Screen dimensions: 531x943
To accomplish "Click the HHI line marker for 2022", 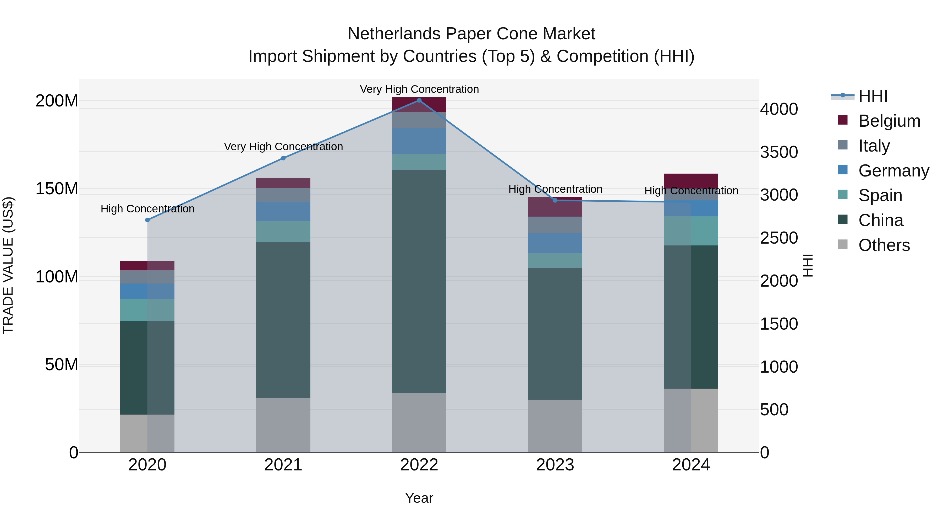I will coord(419,100).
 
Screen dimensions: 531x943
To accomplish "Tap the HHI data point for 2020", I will coord(147,220).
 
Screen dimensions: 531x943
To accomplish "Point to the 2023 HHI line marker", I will coord(555,200).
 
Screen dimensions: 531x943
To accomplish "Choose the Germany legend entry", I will coord(893,171).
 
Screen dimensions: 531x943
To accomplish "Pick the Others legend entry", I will coord(884,245).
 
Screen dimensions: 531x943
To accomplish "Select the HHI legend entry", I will coord(873,96).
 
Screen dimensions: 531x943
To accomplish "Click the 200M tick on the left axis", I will coord(57,101).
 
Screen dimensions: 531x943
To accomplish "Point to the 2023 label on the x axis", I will coord(555,465).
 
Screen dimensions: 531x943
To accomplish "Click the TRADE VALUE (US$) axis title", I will coord(8,265).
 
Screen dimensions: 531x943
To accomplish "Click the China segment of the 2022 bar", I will coord(419,281).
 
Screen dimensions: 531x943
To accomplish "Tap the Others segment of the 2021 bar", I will coord(283,425).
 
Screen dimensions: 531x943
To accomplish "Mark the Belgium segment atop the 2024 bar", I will coord(691,181).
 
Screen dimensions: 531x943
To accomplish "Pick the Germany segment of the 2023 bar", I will coord(555,243).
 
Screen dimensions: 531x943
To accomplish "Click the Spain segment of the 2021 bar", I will coord(283,231).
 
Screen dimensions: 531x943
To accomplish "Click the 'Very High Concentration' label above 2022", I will coord(419,89).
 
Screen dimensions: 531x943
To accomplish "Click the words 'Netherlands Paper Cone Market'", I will coord(471,34).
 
